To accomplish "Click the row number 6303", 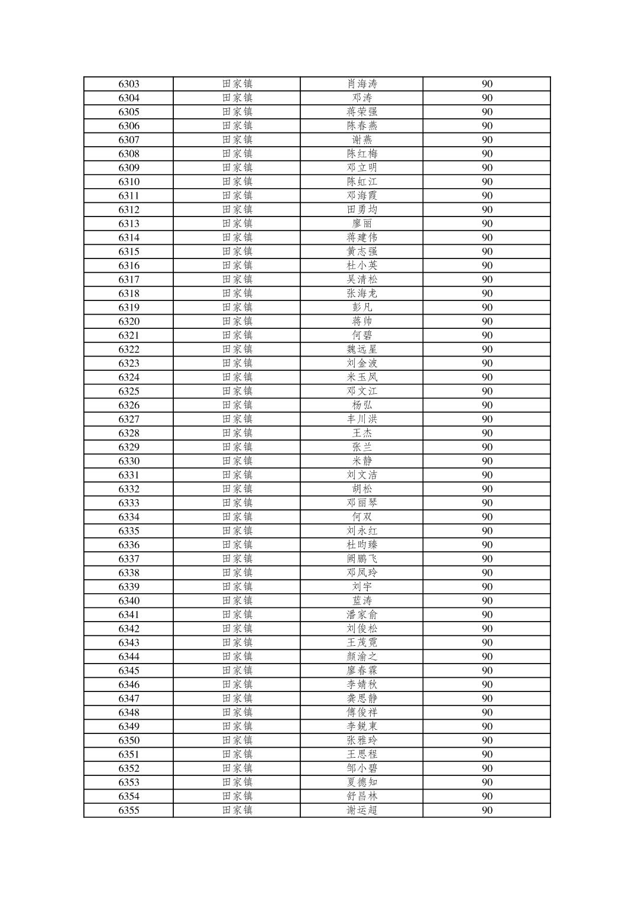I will pyautogui.click(x=129, y=84).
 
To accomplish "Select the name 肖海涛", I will pyautogui.click(x=362, y=84).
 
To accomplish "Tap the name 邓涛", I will pyautogui.click(x=362, y=98).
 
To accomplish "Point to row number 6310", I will pyautogui.click(x=129, y=182).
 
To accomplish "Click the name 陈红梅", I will pyautogui.click(x=362, y=154).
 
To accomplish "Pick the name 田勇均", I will pyautogui.click(x=362, y=209).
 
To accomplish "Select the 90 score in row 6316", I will pyautogui.click(x=487, y=266).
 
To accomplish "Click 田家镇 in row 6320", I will pyautogui.click(x=237, y=321).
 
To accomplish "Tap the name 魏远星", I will pyautogui.click(x=362, y=350).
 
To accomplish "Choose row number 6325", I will pyautogui.click(x=129, y=391).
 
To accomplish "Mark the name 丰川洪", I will pyautogui.click(x=362, y=419).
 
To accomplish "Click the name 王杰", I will pyautogui.click(x=362, y=433).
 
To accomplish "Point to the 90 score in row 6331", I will pyautogui.click(x=487, y=475).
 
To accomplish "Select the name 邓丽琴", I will pyautogui.click(x=362, y=503).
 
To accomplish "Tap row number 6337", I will pyautogui.click(x=129, y=559).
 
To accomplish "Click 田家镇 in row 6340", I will pyautogui.click(x=237, y=601).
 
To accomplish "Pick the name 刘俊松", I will pyautogui.click(x=362, y=629).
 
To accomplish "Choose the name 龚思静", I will pyautogui.click(x=362, y=698).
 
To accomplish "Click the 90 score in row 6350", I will pyautogui.click(x=487, y=740).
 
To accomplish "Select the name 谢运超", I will pyautogui.click(x=362, y=810).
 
